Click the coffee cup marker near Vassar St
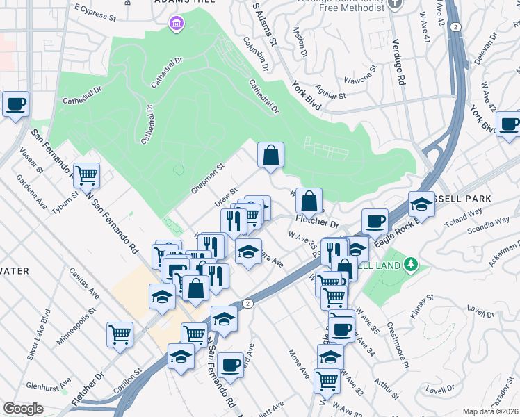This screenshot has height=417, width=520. coord(15,104)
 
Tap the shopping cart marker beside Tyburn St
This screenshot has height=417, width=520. coord(87,175)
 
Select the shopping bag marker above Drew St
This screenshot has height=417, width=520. coord(271,156)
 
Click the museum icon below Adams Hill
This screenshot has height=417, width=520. coord(176,25)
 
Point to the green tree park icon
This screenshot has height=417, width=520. coord(411,264)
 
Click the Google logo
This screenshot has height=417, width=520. coord(24,409)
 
